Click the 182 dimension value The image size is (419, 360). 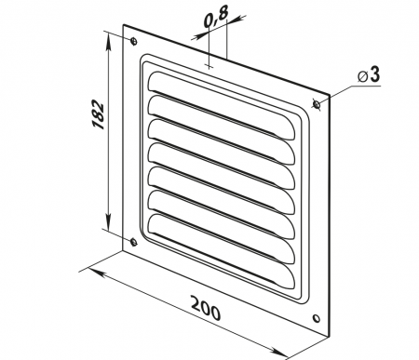click(98, 114)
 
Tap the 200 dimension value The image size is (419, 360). click(206, 308)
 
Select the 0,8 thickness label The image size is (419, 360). click(216, 17)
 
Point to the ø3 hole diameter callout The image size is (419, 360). click(369, 75)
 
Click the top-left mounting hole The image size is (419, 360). click(134, 41)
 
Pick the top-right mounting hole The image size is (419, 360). click(317, 104)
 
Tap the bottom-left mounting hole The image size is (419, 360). click(133, 242)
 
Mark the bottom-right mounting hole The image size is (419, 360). click(317, 318)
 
